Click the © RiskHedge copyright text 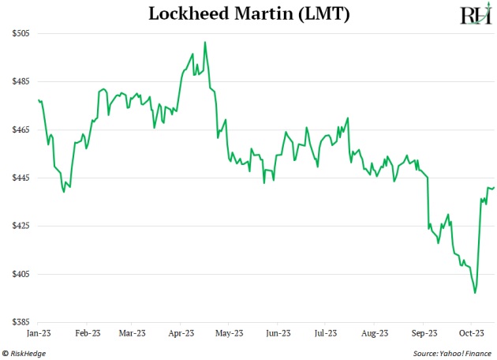point(24,353)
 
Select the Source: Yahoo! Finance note point(452,353)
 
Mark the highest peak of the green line point(205,42)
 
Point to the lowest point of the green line point(475,293)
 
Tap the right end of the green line point(494,187)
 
